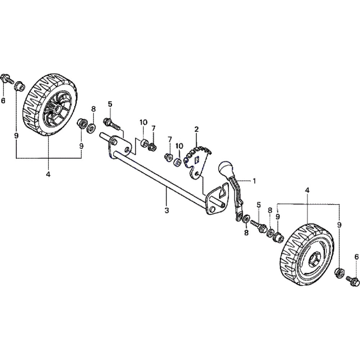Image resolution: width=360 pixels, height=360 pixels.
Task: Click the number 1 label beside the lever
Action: [x=254, y=181]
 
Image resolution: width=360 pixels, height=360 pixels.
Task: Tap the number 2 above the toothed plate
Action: [x=197, y=129]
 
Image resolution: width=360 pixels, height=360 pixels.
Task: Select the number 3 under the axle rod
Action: [x=166, y=210]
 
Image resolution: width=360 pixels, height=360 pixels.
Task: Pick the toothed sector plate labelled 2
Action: [x=196, y=160]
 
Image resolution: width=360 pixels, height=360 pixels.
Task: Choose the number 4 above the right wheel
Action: [x=307, y=190]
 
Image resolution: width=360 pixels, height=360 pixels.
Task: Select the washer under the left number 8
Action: [x=92, y=127]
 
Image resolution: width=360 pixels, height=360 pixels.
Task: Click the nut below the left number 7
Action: [x=153, y=147]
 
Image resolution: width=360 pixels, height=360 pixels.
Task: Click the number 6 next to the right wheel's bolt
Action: [x=356, y=257]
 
